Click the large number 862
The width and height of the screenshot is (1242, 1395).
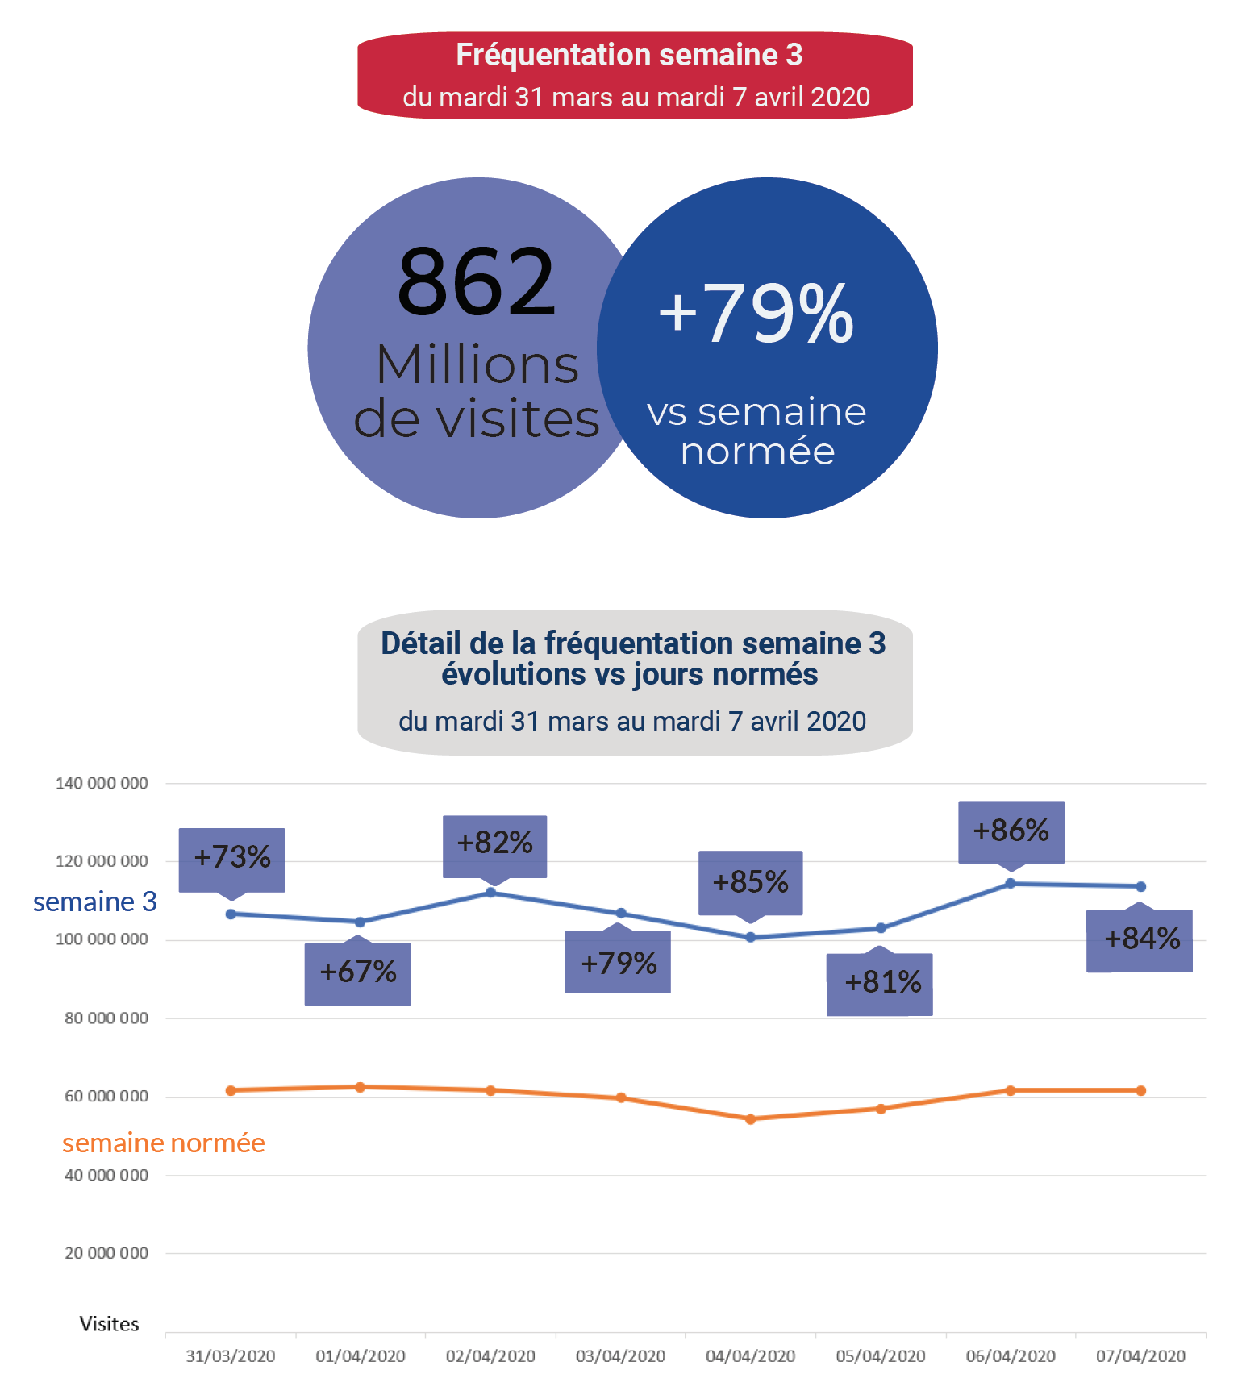(x=476, y=282)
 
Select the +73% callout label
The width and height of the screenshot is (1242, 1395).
(x=231, y=857)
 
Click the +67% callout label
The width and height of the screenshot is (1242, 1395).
(x=357, y=972)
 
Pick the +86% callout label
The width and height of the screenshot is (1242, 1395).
(x=1011, y=831)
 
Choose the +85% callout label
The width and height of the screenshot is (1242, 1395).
(x=750, y=882)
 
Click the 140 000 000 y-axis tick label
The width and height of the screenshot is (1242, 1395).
(x=102, y=783)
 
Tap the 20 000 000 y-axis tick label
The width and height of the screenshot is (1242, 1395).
(x=106, y=1253)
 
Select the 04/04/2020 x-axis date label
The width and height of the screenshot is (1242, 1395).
(x=750, y=1356)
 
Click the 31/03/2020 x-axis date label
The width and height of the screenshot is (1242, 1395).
(x=231, y=1356)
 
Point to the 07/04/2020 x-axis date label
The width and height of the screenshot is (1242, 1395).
(x=1140, y=1356)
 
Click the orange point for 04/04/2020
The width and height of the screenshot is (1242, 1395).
(x=750, y=1119)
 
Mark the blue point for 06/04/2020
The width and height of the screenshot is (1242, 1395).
(x=1010, y=884)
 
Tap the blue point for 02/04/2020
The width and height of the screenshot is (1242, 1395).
(x=490, y=893)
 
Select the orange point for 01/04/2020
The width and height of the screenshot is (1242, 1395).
(x=361, y=1087)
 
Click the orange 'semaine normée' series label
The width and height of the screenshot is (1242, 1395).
(x=164, y=1143)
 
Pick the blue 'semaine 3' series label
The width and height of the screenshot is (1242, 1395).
(x=95, y=902)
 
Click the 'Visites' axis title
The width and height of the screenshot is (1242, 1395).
(x=109, y=1324)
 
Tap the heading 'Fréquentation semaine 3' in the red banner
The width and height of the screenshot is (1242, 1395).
(x=629, y=55)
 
